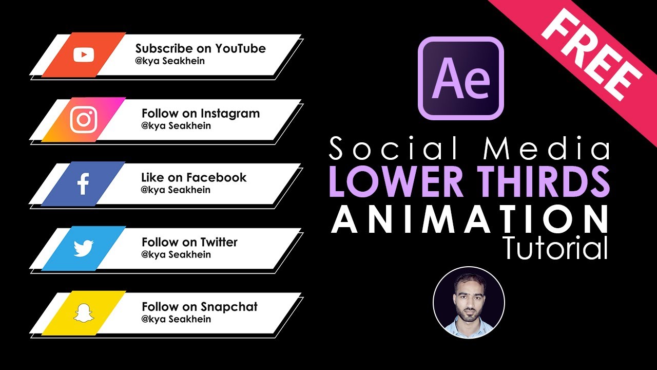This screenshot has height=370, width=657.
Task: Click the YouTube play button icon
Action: [x=84, y=54]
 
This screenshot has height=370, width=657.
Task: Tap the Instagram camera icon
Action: [x=84, y=120]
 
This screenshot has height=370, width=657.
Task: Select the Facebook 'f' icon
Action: [x=83, y=184]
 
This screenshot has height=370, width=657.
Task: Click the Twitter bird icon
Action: [x=84, y=249]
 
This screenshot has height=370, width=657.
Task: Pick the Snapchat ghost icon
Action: [x=84, y=313]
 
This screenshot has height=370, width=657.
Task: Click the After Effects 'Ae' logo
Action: [x=460, y=78]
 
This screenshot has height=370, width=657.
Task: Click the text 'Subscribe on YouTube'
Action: [x=200, y=49]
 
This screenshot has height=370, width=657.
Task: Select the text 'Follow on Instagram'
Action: [x=201, y=114]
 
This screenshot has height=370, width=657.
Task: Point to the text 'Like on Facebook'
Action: [x=194, y=178]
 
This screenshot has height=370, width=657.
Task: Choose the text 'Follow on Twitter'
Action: [x=189, y=242]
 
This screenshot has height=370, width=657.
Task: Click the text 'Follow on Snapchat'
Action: [x=200, y=307]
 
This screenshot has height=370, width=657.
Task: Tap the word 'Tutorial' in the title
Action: [x=555, y=249]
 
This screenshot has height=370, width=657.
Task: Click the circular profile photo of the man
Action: [x=469, y=302]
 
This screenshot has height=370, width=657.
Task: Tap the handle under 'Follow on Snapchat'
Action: [x=176, y=319]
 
